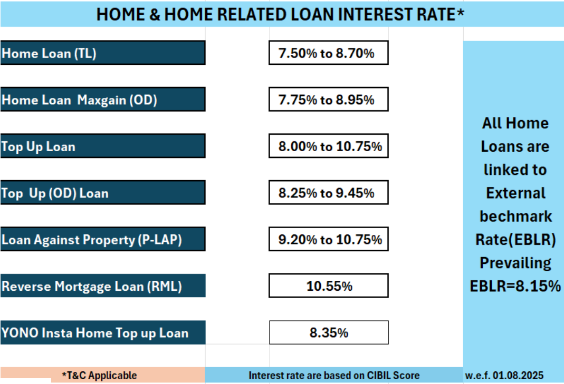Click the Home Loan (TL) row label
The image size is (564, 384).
(x=103, y=53)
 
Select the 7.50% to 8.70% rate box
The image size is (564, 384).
(x=328, y=53)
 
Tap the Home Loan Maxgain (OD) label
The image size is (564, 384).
(x=103, y=99)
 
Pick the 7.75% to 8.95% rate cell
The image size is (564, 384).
(x=328, y=99)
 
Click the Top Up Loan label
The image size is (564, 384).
(x=103, y=146)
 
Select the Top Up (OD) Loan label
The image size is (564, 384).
(x=103, y=193)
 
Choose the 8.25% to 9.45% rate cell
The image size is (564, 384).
(x=328, y=193)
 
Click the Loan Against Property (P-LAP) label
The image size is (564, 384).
(x=103, y=239)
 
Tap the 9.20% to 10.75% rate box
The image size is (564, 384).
(x=328, y=239)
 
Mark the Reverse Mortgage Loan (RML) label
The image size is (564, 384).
(x=103, y=285)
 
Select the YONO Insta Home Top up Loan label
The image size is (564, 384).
(x=103, y=332)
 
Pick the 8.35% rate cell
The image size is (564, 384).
(x=329, y=332)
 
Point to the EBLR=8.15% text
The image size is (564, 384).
(x=515, y=286)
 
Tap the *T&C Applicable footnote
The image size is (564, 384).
(x=99, y=376)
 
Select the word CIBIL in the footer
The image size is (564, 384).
(x=378, y=376)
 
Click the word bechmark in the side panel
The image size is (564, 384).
(x=515, y=216)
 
